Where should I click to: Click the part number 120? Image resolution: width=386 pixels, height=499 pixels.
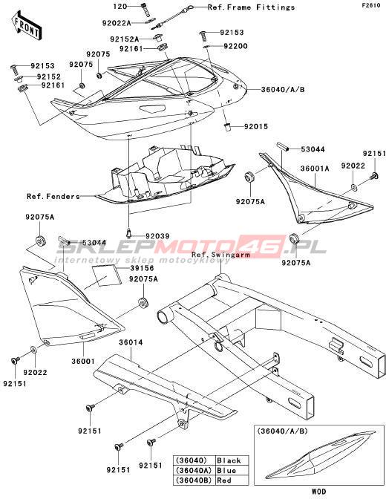tap(120, 7)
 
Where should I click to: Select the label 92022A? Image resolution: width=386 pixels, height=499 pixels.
tap(117, 23)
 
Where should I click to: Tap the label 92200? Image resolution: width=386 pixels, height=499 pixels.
tap(235, 46)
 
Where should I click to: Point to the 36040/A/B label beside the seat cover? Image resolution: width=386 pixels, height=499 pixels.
tap(283, 89)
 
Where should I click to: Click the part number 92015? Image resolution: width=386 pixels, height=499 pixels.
tap(256, 127)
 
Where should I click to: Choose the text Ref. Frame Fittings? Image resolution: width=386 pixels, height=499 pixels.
tap(252, 7)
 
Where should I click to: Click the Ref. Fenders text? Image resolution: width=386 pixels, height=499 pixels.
tap(53, 196)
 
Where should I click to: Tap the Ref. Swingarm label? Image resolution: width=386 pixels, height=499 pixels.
tap(220, 255)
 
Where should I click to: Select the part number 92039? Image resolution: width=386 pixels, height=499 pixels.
tap(157, 236)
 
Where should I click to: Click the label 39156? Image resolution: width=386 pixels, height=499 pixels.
tap(142, 268)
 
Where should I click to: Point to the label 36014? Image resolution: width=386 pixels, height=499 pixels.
tap(131, 343)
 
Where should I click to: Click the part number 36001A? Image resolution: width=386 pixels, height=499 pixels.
tap(315, 169)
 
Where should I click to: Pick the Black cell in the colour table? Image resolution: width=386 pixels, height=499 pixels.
tap(229, 460)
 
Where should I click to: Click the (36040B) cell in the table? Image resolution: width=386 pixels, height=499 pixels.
tap(194, 480)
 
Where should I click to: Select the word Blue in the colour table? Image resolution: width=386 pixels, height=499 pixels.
tap(226, 470)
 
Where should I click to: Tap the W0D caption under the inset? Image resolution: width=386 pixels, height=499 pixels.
tap(318, 492)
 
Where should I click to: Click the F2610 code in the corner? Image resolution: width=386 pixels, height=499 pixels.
tap(370, 5)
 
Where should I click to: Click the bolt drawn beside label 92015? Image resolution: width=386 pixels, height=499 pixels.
tap(228, 127)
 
